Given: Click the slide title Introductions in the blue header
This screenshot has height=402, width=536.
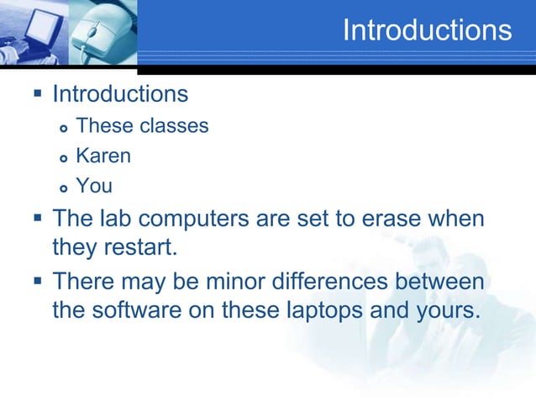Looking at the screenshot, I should pos(427,30).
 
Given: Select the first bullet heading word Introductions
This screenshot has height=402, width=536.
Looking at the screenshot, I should pos(120,93).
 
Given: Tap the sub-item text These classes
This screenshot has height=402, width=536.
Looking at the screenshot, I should pos(142,126).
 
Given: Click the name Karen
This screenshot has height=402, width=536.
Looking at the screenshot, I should pos(103,156).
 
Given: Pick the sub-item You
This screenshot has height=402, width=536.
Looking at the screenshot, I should pos(93,185).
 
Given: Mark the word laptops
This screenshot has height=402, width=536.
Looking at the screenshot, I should pos(319,309).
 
